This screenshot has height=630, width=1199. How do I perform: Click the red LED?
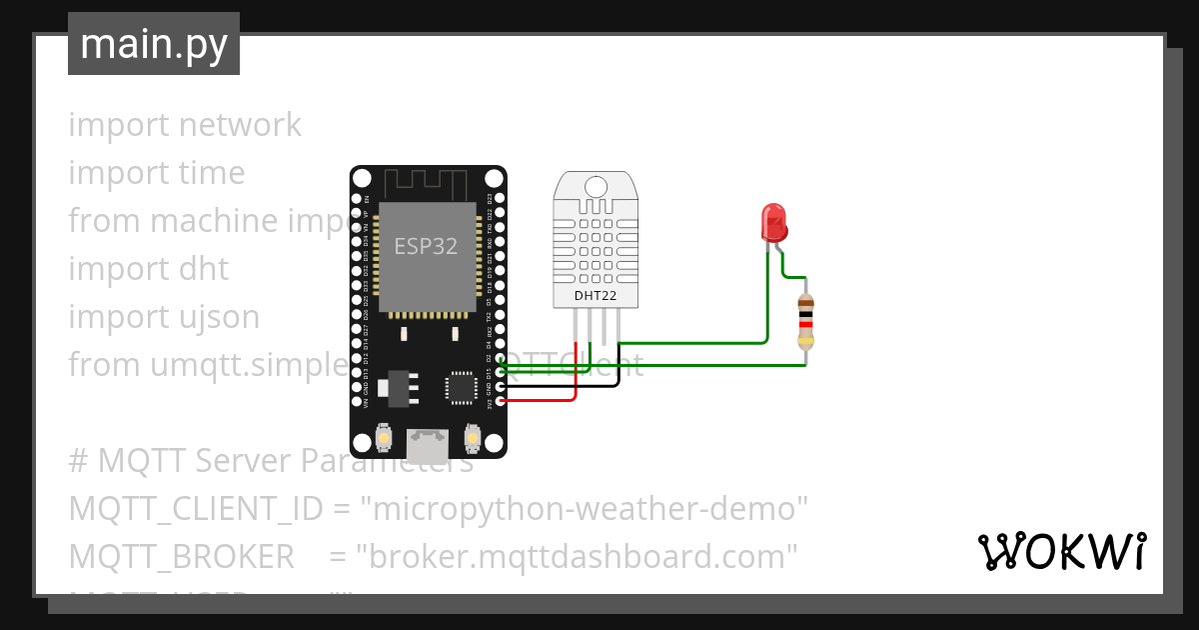tap(774, 221)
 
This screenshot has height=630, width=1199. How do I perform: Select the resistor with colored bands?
tap(806, 322)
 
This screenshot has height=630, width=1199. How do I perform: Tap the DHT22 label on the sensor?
tap(596, 296)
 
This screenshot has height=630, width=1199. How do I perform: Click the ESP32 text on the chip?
tap(426, 246)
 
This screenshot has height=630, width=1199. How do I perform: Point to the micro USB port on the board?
tap(428, 440)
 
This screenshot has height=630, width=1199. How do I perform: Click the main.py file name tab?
tap(154, 44)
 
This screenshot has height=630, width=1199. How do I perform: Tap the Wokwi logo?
tap(1061, 552)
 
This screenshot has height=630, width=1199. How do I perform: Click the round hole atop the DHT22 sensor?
tap(596, 186)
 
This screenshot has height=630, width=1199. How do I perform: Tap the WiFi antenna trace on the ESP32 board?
tap(427, 183)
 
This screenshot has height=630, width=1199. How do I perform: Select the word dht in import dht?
tap(203, 269)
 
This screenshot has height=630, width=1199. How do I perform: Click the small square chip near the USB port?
tap(462, 386)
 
